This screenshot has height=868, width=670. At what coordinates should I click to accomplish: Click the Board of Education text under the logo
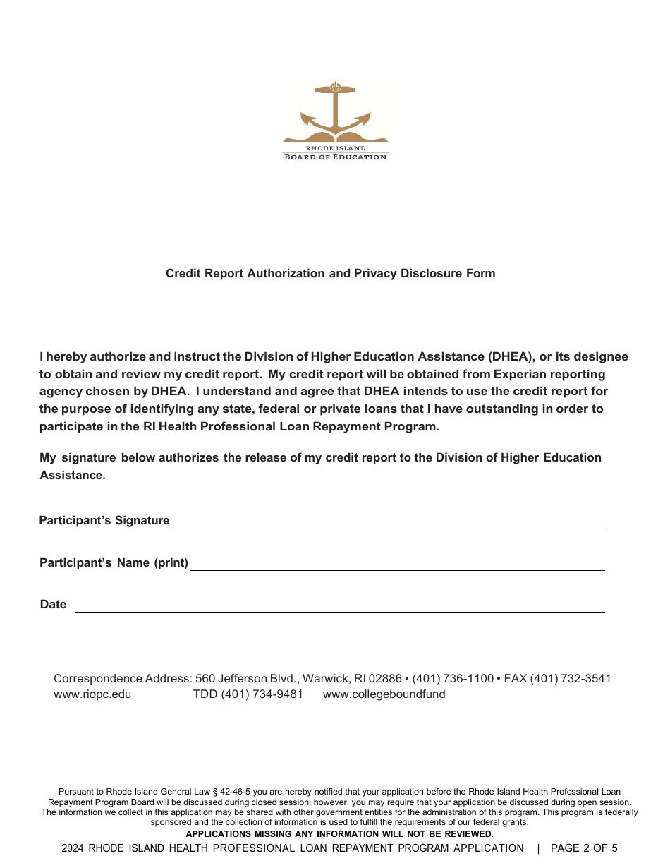click(335, 157)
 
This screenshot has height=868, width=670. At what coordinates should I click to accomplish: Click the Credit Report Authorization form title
click(330, 273)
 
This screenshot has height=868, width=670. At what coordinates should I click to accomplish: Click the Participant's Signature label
click(104, 520)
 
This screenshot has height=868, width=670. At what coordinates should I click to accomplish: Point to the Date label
click(53, 604)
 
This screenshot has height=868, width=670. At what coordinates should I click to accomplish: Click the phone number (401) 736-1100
click(453, 678)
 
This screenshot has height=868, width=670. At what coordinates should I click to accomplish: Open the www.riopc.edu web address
click(92, 694)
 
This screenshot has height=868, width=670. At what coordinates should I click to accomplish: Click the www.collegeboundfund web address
click(384, 694)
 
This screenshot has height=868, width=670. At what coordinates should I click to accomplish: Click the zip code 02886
click(385, 678)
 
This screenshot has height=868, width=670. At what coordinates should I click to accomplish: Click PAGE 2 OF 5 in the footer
click(583, 848)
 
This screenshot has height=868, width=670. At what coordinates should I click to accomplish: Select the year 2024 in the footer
click(73, 848)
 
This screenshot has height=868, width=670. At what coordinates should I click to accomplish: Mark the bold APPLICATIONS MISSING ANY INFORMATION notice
click(339, 833)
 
